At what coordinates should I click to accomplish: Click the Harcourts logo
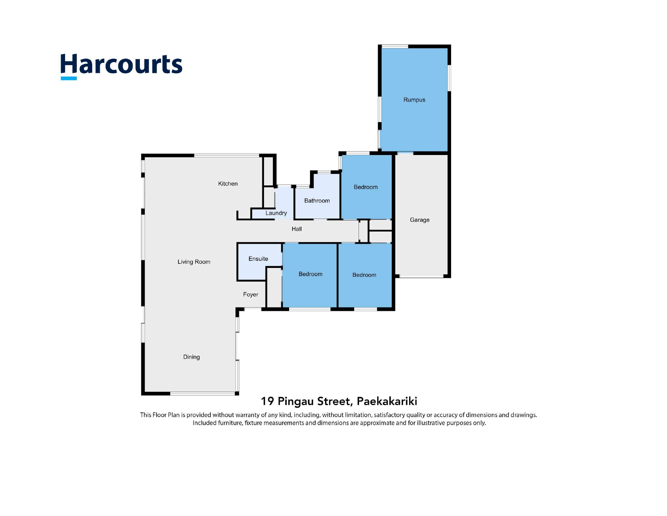point(122,66)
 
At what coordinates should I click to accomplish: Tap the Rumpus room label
point(414,100)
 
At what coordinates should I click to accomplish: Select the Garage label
point(419,220)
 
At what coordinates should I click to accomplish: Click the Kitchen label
point(228,184)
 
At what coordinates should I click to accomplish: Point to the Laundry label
point(276,213)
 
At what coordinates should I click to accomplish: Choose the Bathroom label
point(317,201)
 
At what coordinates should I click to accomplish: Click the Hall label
point(297,229)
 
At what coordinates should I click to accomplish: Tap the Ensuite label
point(258,259)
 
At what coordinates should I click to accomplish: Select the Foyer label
point(251,294)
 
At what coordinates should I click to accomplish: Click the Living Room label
point(194,262)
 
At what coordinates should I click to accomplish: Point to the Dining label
point(191,357)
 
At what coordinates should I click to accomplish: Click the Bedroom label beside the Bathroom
point(365,187)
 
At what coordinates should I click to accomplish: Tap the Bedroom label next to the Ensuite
point(310,274)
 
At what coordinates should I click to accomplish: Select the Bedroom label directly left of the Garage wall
point(364,275)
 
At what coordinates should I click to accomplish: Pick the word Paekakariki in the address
point(387,401)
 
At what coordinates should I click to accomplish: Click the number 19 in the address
point(267,401)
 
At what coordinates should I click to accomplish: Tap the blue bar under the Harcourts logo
point(69,79)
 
